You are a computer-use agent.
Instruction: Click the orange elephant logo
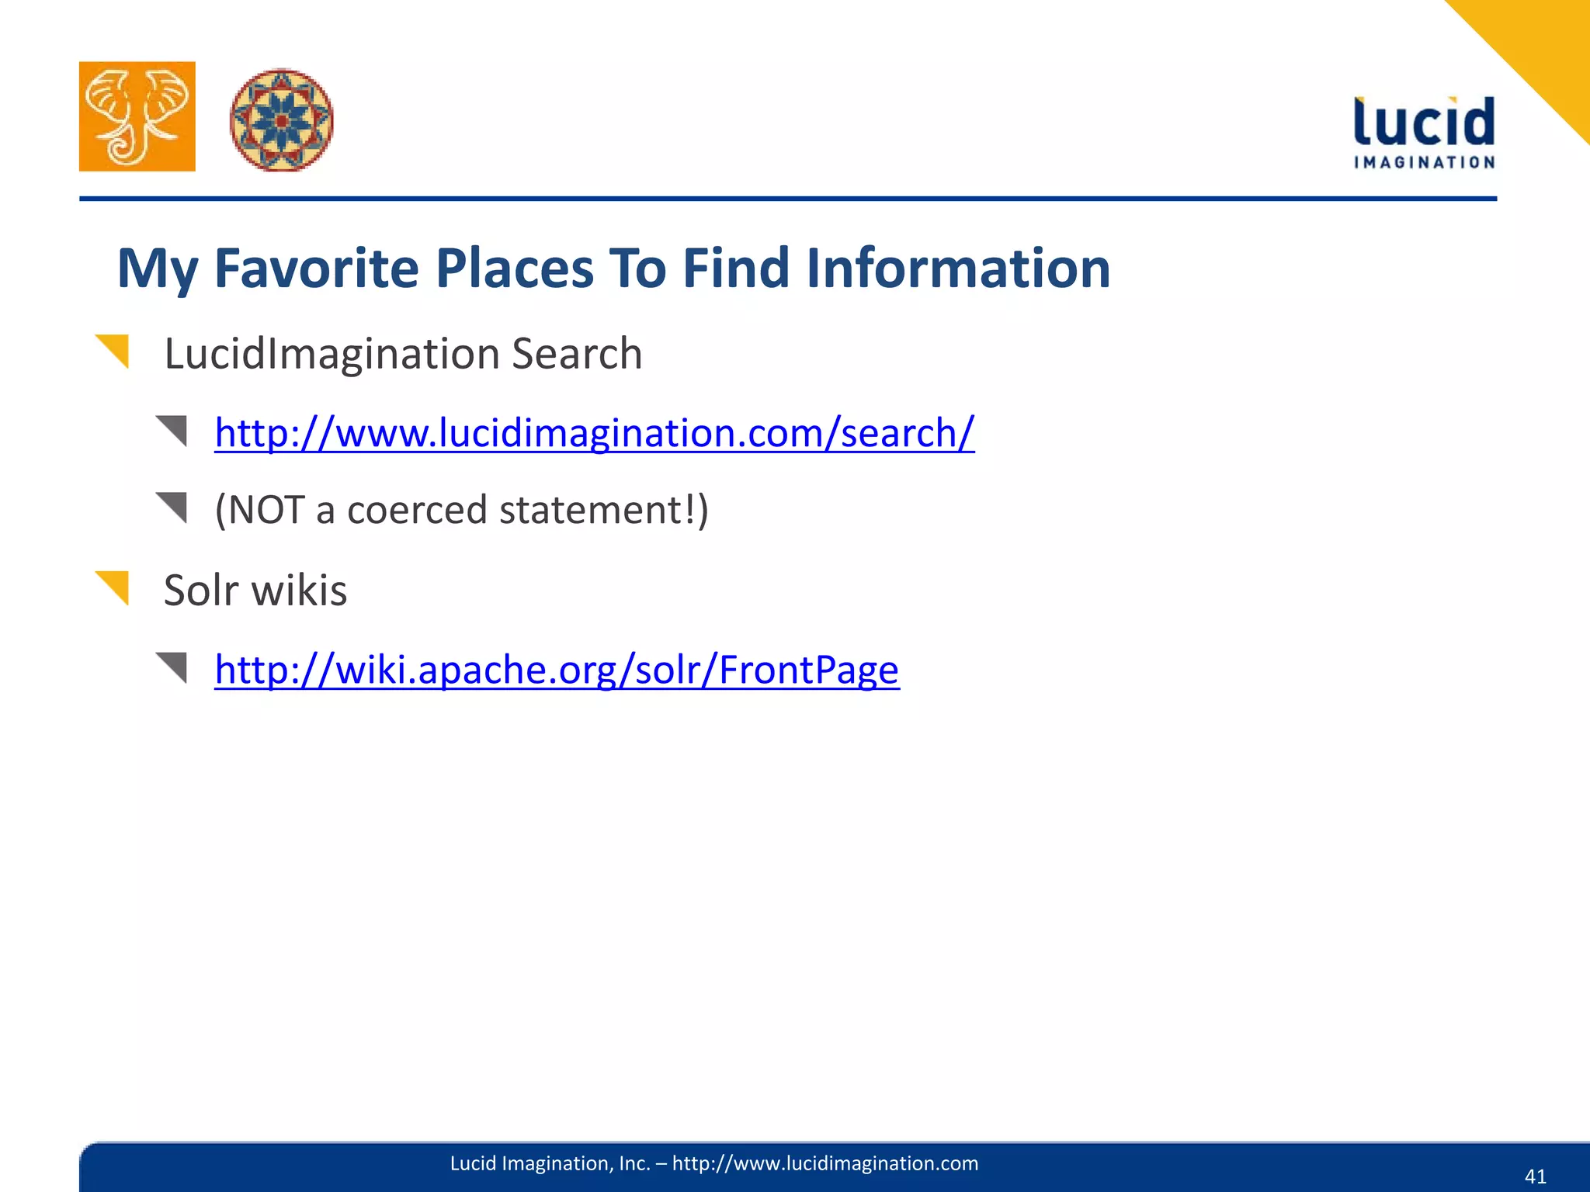pyautogui.click(x=137, y=116)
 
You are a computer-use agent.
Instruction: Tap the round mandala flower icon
pyautogui.click(x=282, y=120)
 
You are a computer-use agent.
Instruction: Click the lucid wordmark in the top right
pyautogui.click(x=1424, y=123)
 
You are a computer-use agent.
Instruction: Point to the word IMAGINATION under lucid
pyautogui.click(x=1424, y=162)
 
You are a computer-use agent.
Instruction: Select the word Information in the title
pyautogui.click(x=958, y=269)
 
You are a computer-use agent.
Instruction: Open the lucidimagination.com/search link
pyautogui.click(x=594, y=433)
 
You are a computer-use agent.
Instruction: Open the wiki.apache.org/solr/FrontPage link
pyautogui.click(x=557, y=669)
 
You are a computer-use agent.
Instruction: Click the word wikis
pyautogui.click(x=299, y=591)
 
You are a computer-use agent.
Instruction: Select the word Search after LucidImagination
pyautogui.click(x=577, y=354)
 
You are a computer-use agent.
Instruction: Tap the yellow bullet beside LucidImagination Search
pyautogui.click(x=113, y=349)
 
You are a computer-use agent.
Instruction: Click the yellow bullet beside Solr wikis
pyautogui.click(x=113, y=586)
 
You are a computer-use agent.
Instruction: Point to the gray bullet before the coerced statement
pyautogui.click(x=173, y=507)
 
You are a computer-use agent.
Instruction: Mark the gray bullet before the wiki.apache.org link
pyautogui.click(x=173, y=667)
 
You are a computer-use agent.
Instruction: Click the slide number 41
pyautogui.click(x=1535, y=1176)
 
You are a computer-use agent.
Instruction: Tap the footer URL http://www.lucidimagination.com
pyautogui.click(x=825, y=1163)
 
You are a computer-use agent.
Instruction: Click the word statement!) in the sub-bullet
pyautogui.click(x=603, y=511)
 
